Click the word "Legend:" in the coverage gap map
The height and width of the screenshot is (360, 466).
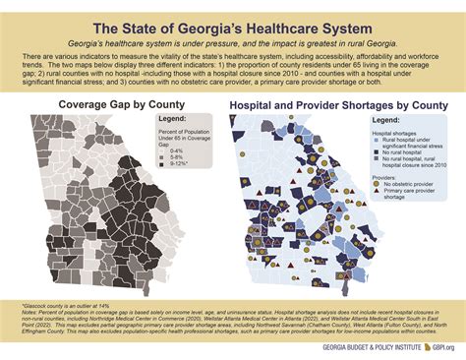175,121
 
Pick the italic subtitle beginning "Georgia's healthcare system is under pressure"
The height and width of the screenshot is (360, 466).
233,45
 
